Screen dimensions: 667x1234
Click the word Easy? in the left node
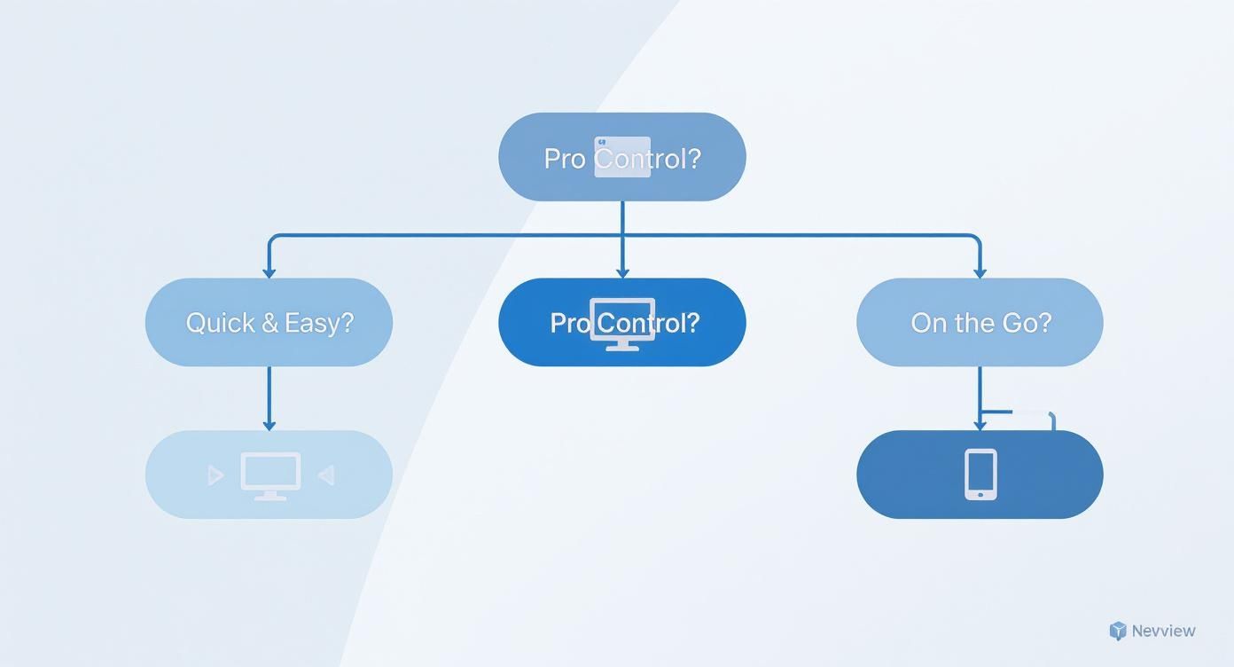click(x=319, y=323)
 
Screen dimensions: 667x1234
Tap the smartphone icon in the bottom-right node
click(x=980, y=475)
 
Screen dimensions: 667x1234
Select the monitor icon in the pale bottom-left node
click(x=270, y=475)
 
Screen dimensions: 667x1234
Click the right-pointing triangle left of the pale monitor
click(x=215, y=476)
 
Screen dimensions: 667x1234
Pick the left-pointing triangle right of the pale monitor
click(x=325, y=476)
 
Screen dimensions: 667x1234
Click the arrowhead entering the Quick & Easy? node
click(x=269, y=272)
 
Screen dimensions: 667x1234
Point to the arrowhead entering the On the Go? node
click(x=980, y=272)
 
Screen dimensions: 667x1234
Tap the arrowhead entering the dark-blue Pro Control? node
click(x=622, y=272)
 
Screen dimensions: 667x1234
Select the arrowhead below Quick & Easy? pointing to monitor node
click(x=269, y=425)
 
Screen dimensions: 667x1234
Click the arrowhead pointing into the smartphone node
click(x=980, y=425)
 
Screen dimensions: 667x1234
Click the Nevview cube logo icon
click(x=1118, y=631)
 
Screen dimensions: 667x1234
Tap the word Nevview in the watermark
click(x=1163, y=631)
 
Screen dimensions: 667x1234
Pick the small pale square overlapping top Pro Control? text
click(x=622, y=157)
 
